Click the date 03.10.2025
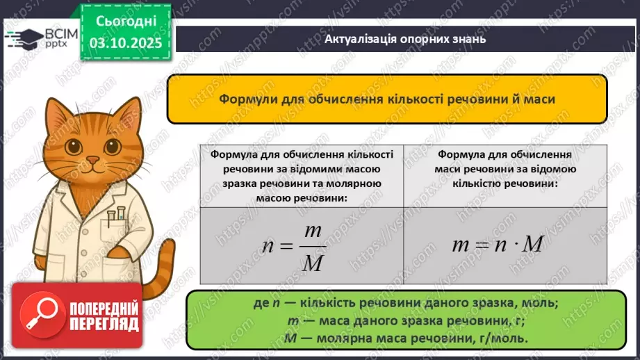pyautogui.click(x=126, y=42)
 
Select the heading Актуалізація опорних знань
pyautogui.click(x=405, y=39)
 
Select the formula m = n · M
pyautogui.click(x=496, y=245)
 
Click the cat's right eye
pyautogui.click(x=111, y=145)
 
